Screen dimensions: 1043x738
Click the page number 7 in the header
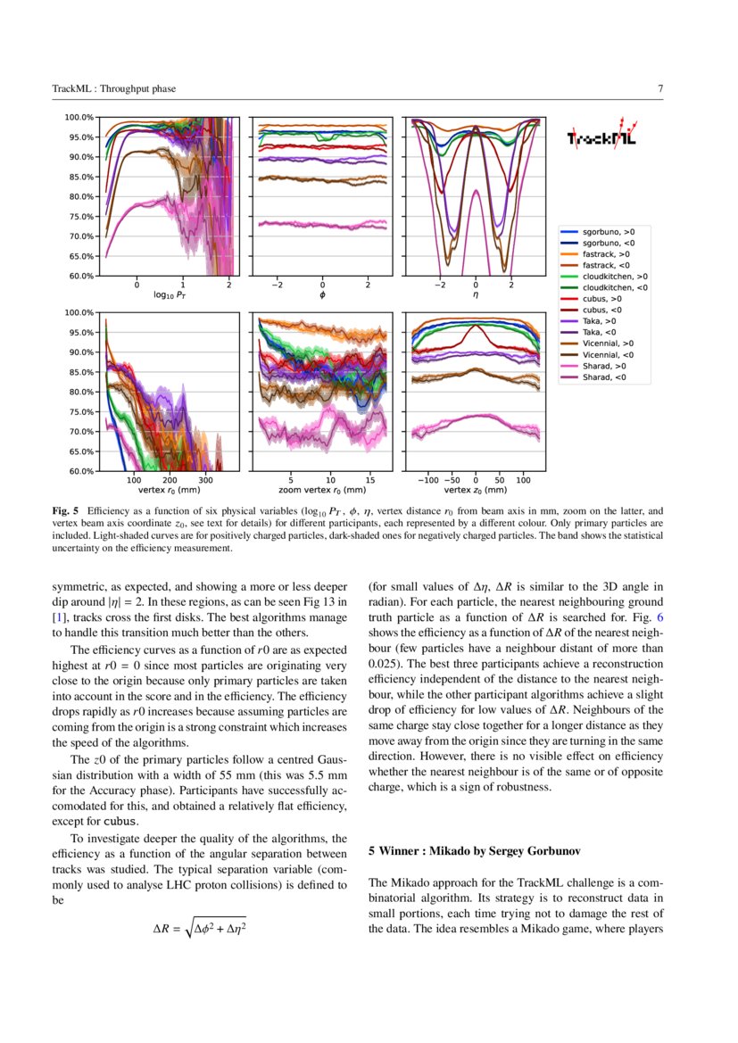click(x=659, y=88)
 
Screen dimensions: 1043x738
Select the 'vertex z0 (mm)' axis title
click(x=476, y=490)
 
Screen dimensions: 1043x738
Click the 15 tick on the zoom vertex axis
click(x=369, y=479)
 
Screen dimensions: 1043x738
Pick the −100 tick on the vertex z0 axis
click(x=427, y=479)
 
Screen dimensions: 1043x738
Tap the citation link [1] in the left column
click(x=58, y=617)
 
